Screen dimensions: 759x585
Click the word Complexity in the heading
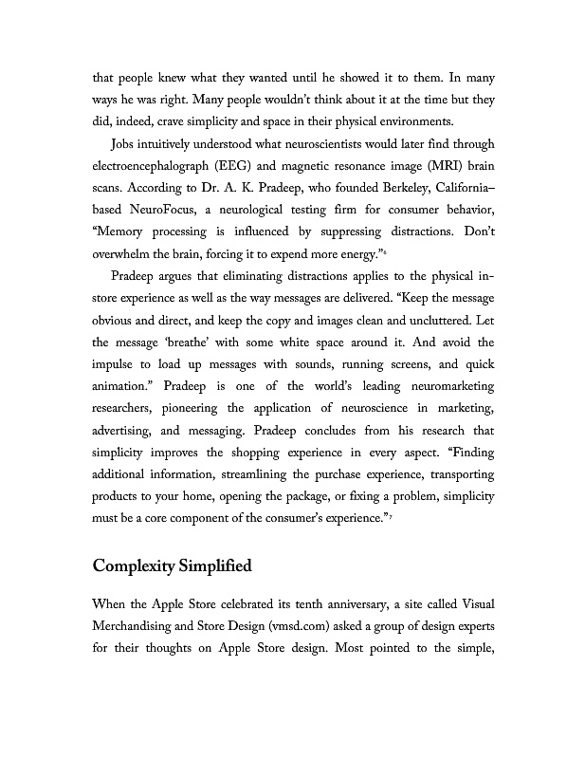click(132, 567)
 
